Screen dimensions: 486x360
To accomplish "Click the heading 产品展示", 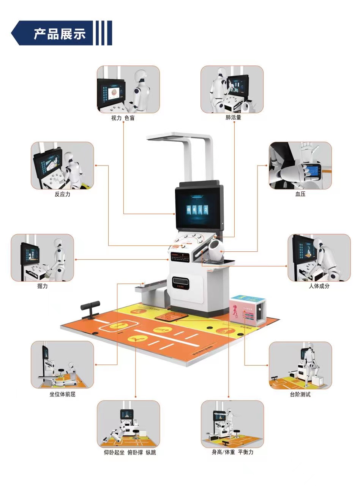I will point(60,34).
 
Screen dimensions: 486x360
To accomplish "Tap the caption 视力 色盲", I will point(123,118).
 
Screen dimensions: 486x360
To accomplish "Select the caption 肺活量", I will point(233,118).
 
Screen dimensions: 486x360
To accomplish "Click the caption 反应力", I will point(62,194).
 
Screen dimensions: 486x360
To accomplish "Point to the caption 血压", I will point(300,194).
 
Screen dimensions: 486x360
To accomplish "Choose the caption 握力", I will point(43,286).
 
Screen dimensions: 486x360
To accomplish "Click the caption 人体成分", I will point(319,286).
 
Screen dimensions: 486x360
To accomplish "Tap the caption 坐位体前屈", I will point(62,394).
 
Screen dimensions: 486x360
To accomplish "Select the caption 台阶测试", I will point(300,394).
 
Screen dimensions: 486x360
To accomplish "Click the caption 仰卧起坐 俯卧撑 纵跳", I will point(130,453).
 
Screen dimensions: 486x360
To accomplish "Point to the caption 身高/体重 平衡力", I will point(232,453).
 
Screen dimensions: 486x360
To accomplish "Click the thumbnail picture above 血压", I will point(300,166).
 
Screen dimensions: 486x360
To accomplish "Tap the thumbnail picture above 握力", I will point(43,257).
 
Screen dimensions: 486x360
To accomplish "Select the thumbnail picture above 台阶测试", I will point(300,365).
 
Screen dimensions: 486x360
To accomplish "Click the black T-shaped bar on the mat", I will point(90,308).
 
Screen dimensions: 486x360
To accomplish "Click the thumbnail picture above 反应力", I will point(62,166).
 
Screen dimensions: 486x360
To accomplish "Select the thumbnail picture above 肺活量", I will point(232,89).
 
